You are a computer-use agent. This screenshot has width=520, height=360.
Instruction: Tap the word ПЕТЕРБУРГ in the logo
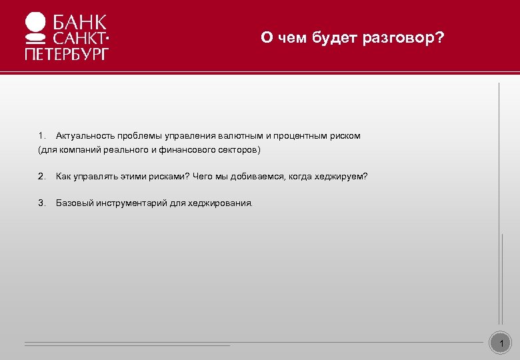tap(66, 53)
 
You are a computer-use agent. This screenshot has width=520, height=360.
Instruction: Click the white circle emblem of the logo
tap(35, 25)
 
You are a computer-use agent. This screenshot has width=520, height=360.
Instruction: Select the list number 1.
tap(41, 135)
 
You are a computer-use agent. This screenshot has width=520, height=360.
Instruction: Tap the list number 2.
tap(41, 177)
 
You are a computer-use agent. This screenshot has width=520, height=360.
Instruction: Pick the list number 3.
tap(41, 203)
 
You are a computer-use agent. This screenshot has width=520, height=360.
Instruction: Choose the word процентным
tap(299, 135)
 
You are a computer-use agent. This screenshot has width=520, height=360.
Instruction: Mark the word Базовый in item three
tap(74, 203)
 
